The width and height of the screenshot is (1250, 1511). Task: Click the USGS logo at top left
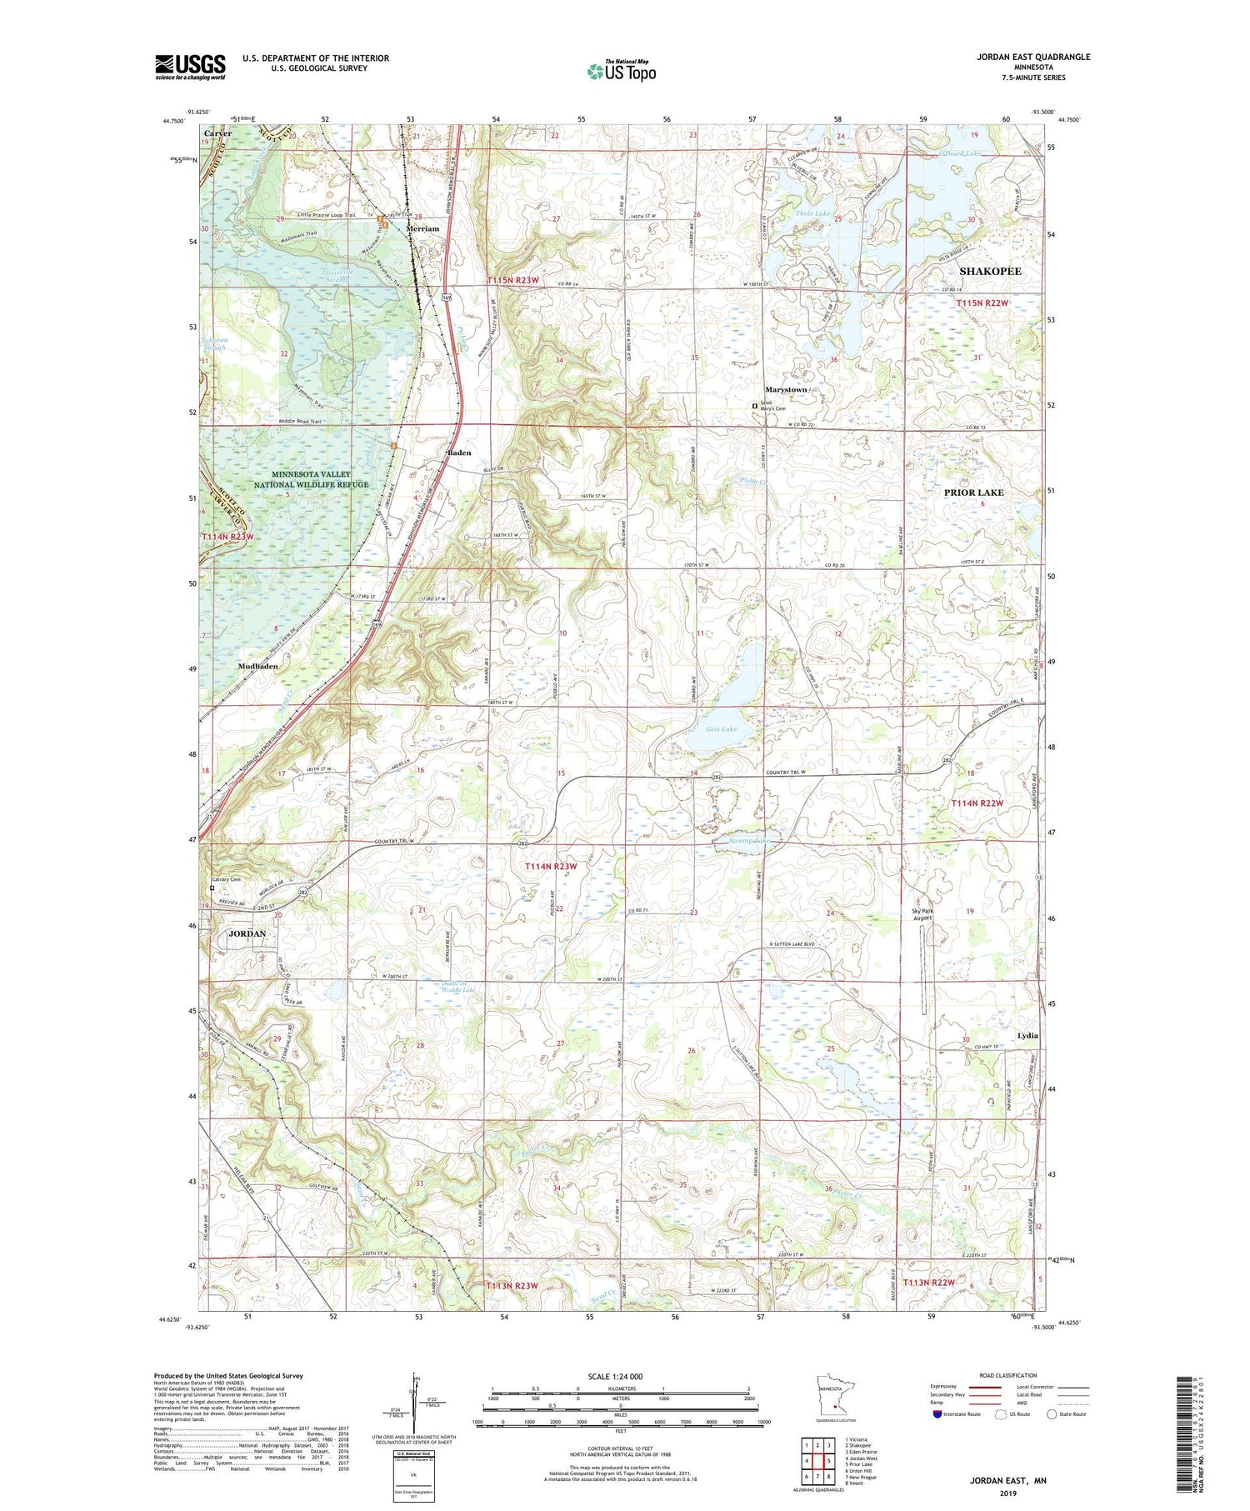pyautogui.click(x=190, y=67)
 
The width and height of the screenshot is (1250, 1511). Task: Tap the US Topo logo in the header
pyautogui.click(x=621, y=71)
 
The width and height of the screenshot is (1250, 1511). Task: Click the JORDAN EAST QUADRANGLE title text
pyautogui.click(x=1033, y=57)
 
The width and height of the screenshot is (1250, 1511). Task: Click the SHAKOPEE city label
pyautogui.click(x=990, y=272)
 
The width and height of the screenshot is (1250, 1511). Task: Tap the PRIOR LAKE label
pyautogui.click(x=973, y=493)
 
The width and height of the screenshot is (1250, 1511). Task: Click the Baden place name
pyautogui.click(x=459, y=453)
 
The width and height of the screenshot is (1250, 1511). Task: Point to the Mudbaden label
pyautogui.click(x=257, y=667)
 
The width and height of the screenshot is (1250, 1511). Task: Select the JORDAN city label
pyautogui.click(x=247, y=933)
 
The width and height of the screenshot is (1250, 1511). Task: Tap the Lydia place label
pyautogui.click(x=1027, y=1035)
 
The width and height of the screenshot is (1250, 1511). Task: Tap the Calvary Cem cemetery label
pyautogui.click(x=225, y=879)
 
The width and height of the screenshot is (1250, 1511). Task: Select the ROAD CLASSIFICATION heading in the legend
pyautogui.click(x=1007, y=1375)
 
